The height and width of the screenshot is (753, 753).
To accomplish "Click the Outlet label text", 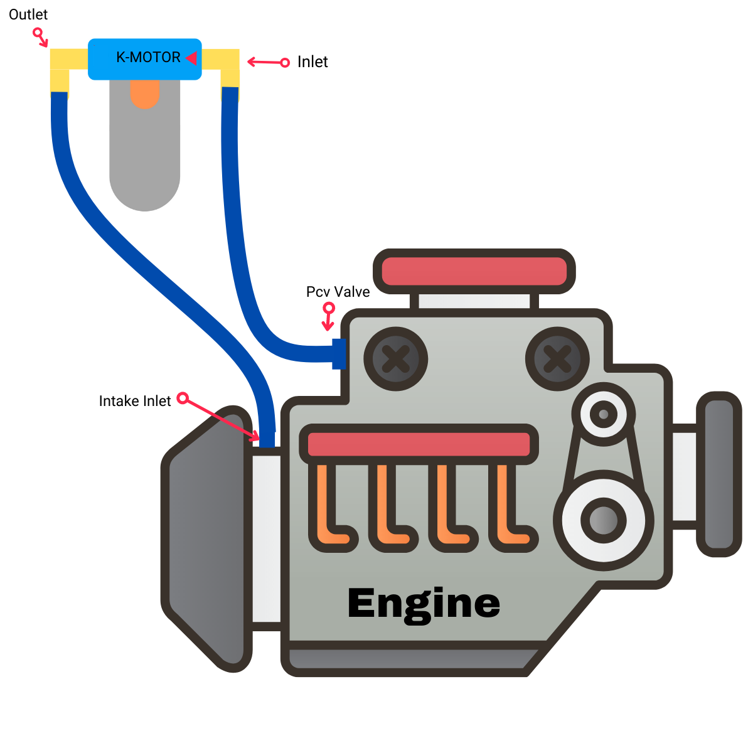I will coord(28,14).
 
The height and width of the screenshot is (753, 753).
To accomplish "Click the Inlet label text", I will coord(312,61).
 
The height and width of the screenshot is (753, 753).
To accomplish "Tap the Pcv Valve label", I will coord(338,292).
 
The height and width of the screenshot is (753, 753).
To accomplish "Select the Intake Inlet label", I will coord(135,401).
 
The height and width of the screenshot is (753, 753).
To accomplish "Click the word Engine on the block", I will coord(424,604).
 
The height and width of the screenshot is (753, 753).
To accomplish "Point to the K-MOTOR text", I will coord(148,58).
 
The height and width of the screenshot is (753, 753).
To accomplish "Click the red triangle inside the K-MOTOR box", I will coord(192,58).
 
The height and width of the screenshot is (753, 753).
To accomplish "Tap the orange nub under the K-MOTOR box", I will coord(145,93).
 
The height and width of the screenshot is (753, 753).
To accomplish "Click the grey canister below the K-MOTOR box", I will coord(145,163).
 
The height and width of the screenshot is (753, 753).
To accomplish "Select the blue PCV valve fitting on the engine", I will coord(339,354).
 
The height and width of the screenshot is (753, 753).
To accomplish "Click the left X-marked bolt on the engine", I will coord(395,360).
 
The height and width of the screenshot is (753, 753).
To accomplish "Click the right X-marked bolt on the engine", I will coord(557,360).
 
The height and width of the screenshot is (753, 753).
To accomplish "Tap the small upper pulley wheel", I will coord(603,414).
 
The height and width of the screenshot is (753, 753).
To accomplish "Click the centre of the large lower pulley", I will coord(603,520).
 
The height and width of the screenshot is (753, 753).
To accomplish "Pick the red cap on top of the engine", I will coord(474,272).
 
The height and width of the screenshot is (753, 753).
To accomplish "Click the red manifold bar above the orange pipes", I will coord(419,444).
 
